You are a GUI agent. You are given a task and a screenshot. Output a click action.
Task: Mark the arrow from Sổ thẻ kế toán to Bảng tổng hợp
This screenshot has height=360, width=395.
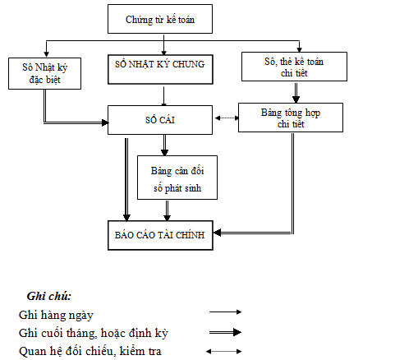299,92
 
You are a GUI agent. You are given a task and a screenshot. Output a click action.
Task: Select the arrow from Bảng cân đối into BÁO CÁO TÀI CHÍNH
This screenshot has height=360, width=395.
168,212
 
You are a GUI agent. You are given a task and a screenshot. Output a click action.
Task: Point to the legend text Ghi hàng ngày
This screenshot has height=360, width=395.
57,314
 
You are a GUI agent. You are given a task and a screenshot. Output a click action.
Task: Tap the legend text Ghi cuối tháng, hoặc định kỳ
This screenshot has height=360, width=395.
98,333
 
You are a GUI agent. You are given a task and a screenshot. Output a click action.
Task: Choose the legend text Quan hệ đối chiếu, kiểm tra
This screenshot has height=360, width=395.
90,352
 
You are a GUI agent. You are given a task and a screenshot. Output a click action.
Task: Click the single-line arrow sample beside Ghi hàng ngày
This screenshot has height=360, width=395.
225,313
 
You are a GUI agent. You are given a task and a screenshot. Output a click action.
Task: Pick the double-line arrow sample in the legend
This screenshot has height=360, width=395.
224,332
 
